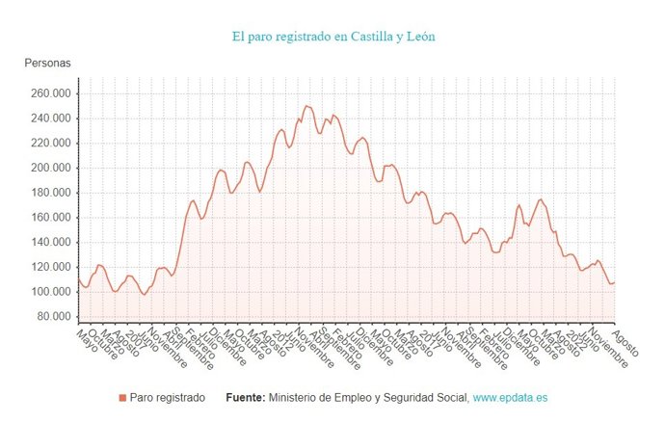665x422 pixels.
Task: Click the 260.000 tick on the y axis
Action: tap(50, 94)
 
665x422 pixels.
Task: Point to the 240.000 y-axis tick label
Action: tap(50, 119)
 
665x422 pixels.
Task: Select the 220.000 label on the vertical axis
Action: tap(50, 144)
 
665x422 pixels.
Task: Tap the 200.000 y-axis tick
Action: tap(50, 168)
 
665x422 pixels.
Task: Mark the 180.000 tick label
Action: tap(50, 193)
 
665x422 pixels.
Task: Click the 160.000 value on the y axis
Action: tap(50, 218)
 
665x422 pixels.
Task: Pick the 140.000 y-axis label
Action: tap(50, 242)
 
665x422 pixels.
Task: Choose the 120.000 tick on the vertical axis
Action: tap(50, 267)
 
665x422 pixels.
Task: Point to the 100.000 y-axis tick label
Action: tap(50, 292)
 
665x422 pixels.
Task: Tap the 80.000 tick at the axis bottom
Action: tap(53, 316)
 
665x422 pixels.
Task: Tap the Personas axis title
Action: tap(47, 64)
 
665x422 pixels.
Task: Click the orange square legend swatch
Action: tap(121, 398)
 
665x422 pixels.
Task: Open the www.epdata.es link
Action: tap(510, 398)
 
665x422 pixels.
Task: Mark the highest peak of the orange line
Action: tap(306, 106)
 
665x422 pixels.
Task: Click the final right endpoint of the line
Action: tap(614, 282)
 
